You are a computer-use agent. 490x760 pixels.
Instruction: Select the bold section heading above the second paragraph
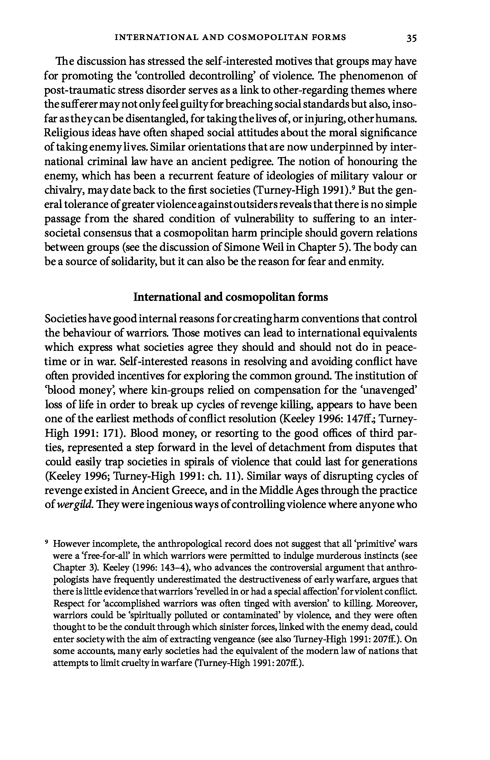(231, 297)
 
